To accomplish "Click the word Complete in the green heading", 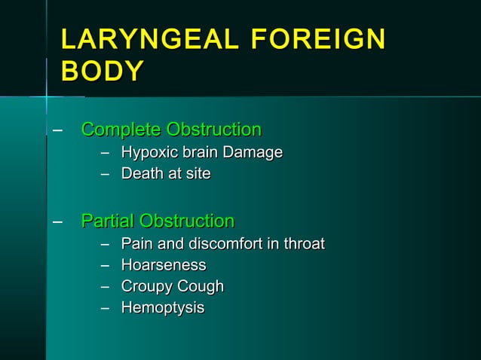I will (x=121, y=130).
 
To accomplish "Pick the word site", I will (x=197, y=174).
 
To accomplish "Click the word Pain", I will (x=137, y=244).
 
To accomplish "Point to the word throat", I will (x=303, y=244).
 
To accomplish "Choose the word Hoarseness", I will (x=164, y=265).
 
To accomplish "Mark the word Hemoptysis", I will (x=163, y=309).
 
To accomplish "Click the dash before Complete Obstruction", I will (x=57, y=130).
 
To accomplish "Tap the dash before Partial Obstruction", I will (x=57, y=222).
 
